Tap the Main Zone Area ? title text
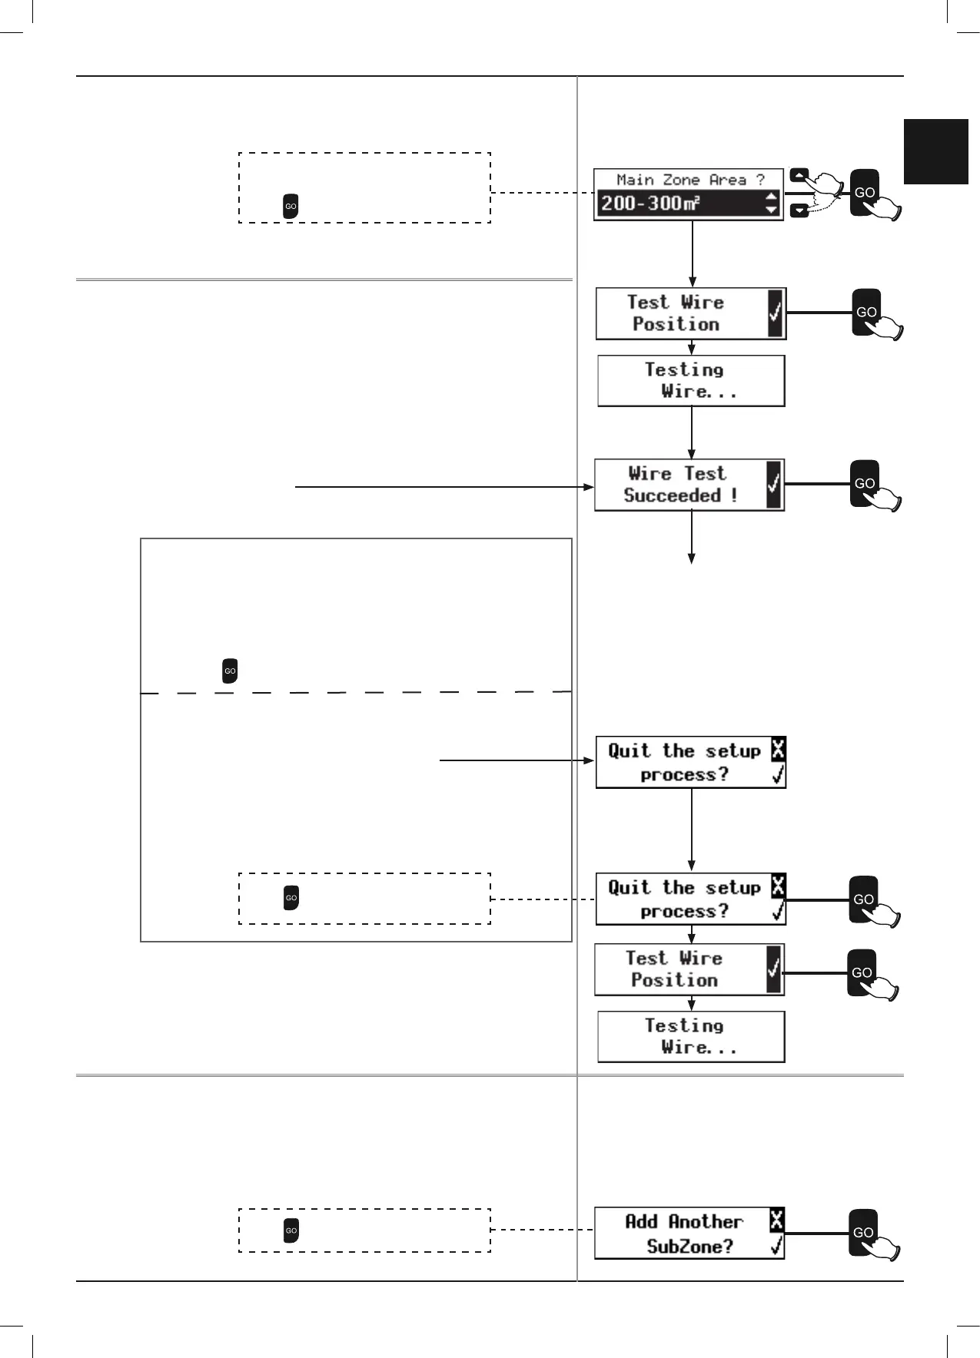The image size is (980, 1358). pyautogui.click(x=689, y=180)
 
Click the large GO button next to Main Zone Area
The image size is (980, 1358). pyautogui.click(x=865, y=192)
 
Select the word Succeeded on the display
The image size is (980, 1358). pyautogui.click(x=672, y=495)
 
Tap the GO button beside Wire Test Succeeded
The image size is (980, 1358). pyautogui.click(x=865, y=482)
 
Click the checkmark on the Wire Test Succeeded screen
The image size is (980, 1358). pyautogui.click(x=773, y=484)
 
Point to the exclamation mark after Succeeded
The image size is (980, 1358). pyautogui.click(x=734, y=495)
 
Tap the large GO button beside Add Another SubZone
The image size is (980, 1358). pyautogui.click(x=863, y=1232)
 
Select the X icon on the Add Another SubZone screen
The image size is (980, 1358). pyautogui.click(x=777, y=1219)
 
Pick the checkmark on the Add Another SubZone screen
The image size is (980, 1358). pyautogui.click(x=777, y=1245)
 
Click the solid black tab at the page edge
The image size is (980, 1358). pyautogui.click(x=935, y=151)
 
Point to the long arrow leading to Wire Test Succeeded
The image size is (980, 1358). pyautogui.click(x=444, y=487)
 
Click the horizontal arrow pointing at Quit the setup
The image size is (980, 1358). pyautogui.click(x=517, y=760)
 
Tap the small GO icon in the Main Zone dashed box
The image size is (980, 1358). pyautogui.click(x=291, y=206)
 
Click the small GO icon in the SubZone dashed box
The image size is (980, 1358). pyautogui.click(x=291, y=1230)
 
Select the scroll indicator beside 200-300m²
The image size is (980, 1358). pyautogui.click(x=772, y=204)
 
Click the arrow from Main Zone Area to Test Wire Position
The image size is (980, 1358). pyautogui.click(x=693, y=253)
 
